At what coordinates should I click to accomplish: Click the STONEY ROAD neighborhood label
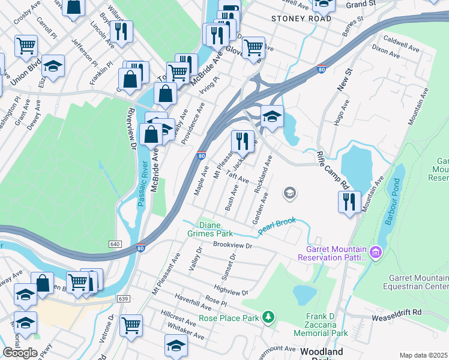point(301,19)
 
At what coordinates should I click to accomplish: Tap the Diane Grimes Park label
point(215,229)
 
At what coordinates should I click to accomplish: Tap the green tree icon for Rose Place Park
point(270,316)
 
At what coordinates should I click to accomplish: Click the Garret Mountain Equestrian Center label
point(418,286)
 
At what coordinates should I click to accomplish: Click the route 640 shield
point(116,244)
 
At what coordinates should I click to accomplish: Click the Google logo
point(20,353)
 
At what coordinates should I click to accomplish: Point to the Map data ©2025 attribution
point(424,355)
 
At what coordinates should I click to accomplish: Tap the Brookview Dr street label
point(234,246)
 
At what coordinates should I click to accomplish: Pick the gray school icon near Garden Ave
point(290,193)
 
